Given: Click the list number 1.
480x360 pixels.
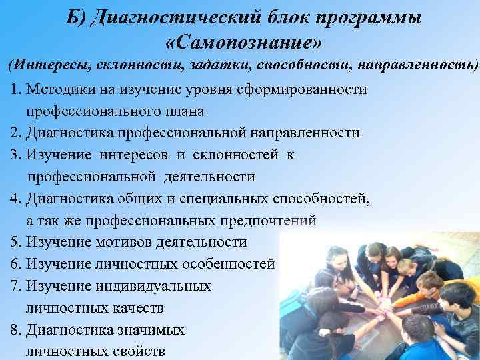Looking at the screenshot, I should click(15, 89).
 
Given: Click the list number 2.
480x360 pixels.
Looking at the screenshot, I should click(15, 133).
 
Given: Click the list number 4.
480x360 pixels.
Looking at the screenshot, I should click(15, 199).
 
